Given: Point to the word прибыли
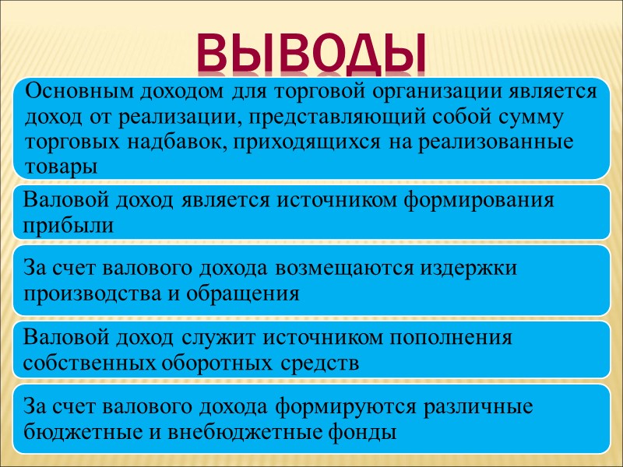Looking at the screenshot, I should click(x=68, y=225).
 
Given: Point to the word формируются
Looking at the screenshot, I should click(x=357, y=406).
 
